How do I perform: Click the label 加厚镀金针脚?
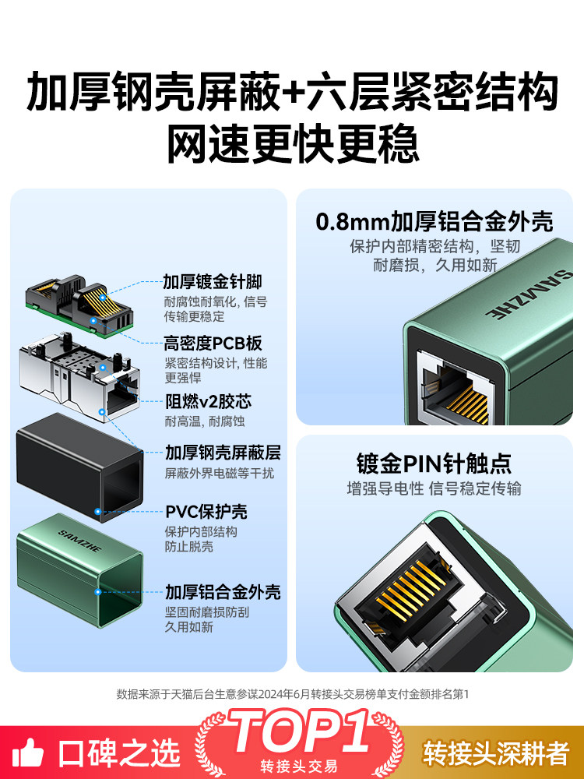point(213,282)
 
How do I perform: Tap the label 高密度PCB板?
point(213,344)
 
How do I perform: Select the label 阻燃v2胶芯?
point(208,401)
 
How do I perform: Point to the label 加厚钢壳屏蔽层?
point(223,453)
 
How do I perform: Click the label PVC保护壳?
point(206,512)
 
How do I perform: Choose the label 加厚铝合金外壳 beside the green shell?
point(223,592)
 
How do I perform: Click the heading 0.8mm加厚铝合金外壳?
point(434,221)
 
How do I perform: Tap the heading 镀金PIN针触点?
point(434,464)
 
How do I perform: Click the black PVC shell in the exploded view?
point(79,467)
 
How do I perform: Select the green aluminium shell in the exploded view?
point(79,570)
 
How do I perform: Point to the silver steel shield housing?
point(79,378)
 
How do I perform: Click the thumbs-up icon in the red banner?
point(28,753)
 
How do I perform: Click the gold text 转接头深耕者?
point(496,753)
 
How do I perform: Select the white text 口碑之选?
point(119,753)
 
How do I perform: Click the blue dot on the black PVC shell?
point(98,511)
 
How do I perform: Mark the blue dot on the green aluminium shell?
point(98,592)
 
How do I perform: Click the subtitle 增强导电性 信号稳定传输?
point(434,489)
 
